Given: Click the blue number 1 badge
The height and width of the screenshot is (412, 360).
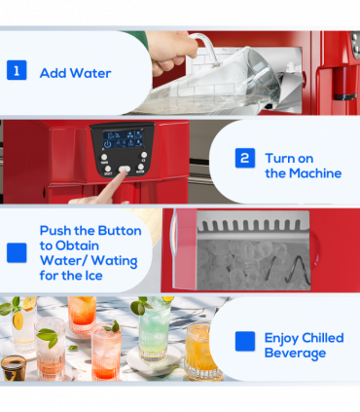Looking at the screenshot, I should pos(17,71).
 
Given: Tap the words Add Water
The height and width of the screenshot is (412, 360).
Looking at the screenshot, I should pos(75,73).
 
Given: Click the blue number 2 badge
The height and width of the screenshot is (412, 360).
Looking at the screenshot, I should pos(245,158).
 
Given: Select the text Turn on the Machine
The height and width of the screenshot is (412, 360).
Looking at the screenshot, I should pos(303,166).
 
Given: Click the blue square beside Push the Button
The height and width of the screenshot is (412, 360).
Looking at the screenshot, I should pos(17,253).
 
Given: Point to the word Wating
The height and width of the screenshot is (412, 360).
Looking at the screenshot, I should pos(116,261).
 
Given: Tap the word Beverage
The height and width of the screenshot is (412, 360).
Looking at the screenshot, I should pos(294,353).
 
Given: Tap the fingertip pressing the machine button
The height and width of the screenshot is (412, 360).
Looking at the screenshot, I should pos(125,172).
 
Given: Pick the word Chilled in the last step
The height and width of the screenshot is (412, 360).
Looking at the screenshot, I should pos(325,338).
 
